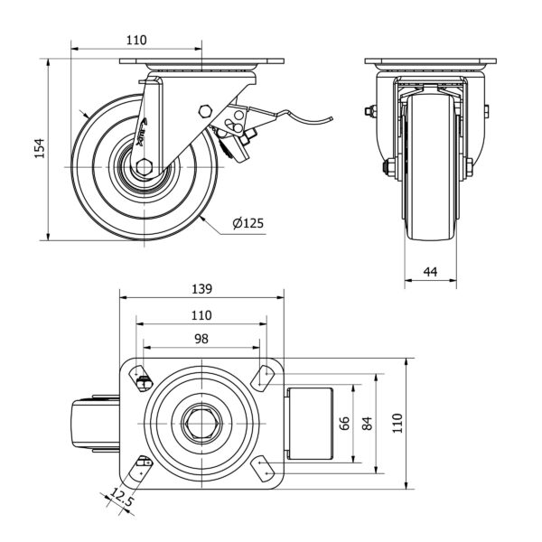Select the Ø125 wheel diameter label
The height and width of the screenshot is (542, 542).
(248, 222)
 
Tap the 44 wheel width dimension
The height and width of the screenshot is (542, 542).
(430, 271)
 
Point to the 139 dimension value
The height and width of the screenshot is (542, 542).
(201, 289)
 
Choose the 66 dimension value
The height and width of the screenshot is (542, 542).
(343, 424)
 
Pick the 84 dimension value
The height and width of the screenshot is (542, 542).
(366, 424)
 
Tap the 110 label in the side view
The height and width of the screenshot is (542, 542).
(135, 40)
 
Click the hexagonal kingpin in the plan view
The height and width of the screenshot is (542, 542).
(201, 423)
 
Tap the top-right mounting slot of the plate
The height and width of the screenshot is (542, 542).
(264, 375)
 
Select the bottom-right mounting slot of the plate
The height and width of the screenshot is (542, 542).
(264, 469)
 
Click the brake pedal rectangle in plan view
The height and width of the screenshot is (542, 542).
(312, 423)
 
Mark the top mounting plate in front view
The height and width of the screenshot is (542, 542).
(430, 63)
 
